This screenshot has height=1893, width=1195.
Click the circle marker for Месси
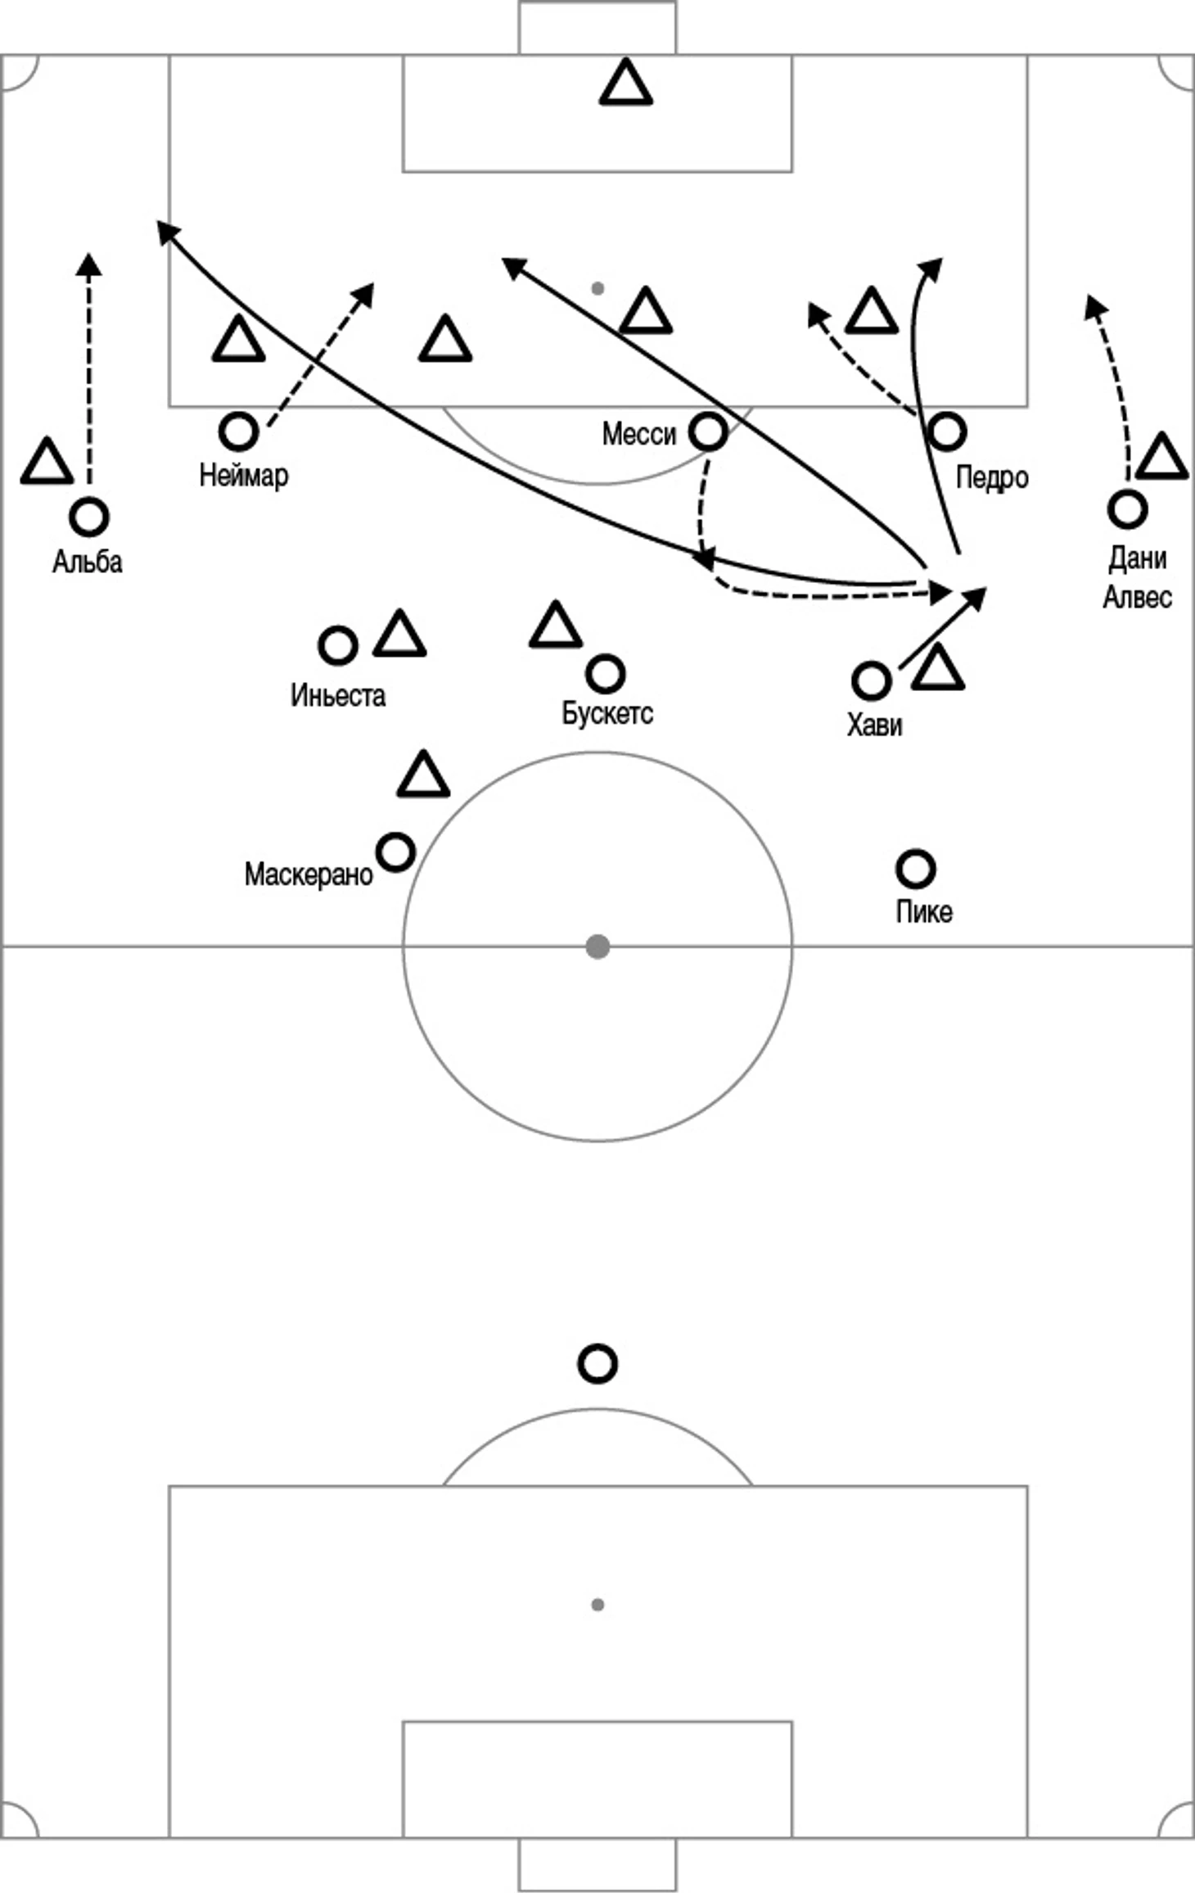point(708,431)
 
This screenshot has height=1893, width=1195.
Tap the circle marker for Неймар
point(238,431)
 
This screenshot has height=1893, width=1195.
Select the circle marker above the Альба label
point(89,517)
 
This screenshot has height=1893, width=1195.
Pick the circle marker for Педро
point(947,431)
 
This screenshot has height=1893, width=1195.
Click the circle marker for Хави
point(871,680)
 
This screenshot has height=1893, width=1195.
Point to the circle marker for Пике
point(915,869)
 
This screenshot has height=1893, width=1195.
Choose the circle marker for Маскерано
point(395,852)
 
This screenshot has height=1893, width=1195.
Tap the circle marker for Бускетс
point(606,674)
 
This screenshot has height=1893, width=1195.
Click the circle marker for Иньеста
point(337,646)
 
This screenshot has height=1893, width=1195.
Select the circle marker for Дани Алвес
point(1127,508)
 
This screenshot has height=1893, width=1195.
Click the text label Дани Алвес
point(1138,578)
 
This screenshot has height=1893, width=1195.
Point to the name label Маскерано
point(309,874)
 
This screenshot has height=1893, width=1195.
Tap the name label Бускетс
point(607,713)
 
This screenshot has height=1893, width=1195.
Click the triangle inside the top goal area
point(626,83)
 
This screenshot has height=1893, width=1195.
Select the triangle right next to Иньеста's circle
point(399,634)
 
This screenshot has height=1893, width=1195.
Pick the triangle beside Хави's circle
point(938,666)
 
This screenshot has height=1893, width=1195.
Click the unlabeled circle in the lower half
point(597,1365)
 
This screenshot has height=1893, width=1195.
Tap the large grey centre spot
point(597,947)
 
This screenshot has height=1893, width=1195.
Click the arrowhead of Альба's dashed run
point(89,264)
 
